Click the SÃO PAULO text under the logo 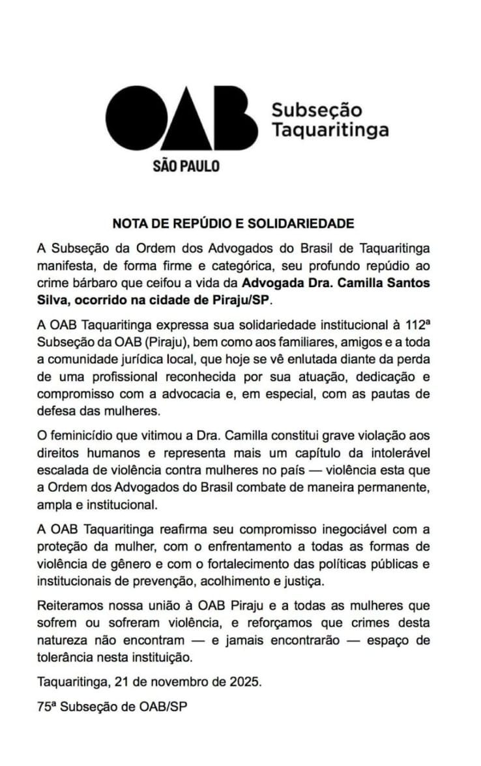click(x=186, y=165)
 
